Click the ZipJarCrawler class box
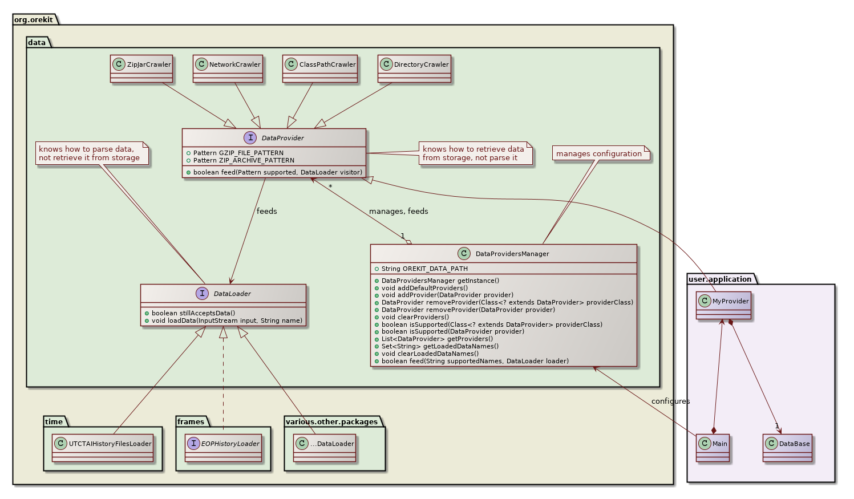click(x=141, y=69)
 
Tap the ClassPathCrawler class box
click(x=320, y=69)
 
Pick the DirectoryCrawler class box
click(x=414, y=69)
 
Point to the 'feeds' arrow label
click(x=266, y=212)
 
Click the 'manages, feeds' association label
click(x=398, y=212)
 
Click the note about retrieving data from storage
click(x=473, y=153)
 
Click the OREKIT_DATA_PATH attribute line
click(x=424, y=269)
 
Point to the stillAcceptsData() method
click(x=193, y=313)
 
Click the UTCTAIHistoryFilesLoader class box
click(x=103, y=448)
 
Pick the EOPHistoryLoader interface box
click(x=224, y=448)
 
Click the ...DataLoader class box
click(x=325, y=448)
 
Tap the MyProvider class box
click(x=723, y=306)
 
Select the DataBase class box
click(x=787, y=448)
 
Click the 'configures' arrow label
click(x=670, y=401)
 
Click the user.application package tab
click(x=720, y=279)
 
